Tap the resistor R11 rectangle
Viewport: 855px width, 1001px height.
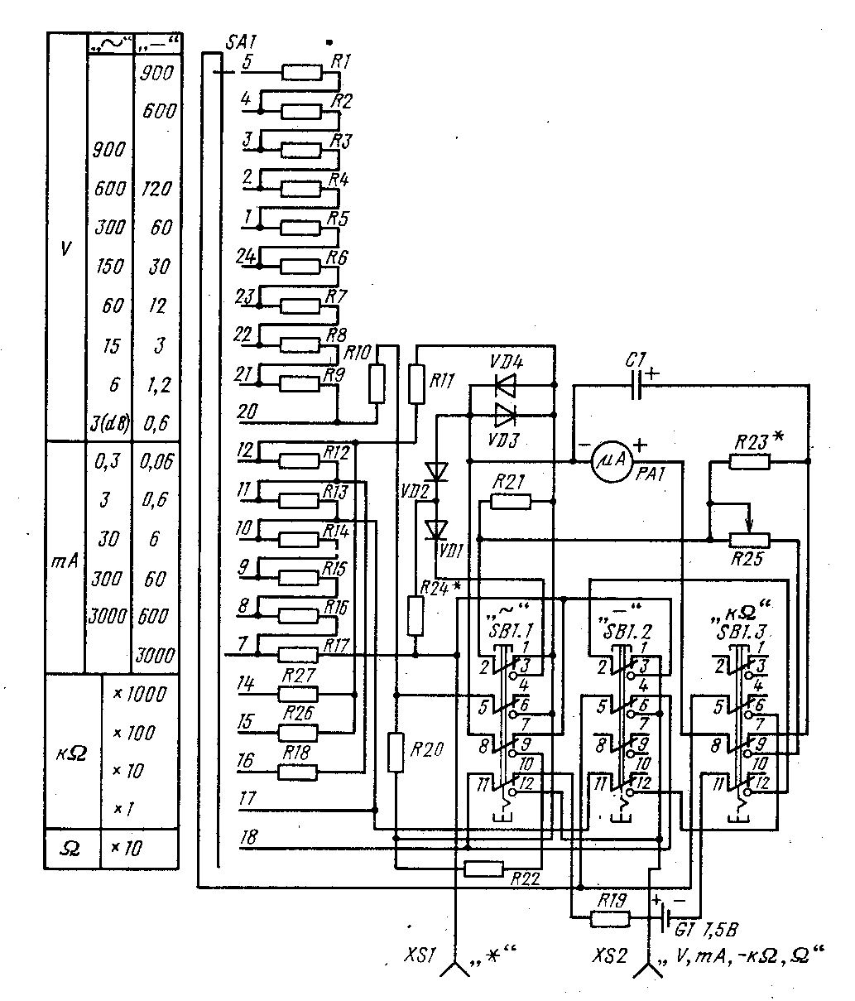pos(417,382)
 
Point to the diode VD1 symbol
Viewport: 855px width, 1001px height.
pos(435,528)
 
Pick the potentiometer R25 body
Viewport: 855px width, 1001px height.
pos(749,541)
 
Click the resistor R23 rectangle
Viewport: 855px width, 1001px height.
pos(750,461)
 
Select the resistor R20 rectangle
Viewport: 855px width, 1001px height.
pos(396,753)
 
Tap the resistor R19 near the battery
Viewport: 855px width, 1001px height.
pos(609,918)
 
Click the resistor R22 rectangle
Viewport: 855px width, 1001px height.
pos(483,869)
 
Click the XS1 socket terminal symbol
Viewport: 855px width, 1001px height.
pos(456,969)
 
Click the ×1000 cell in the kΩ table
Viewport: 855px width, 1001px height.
pos(139,694)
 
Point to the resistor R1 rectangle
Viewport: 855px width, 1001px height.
pos(302,72)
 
